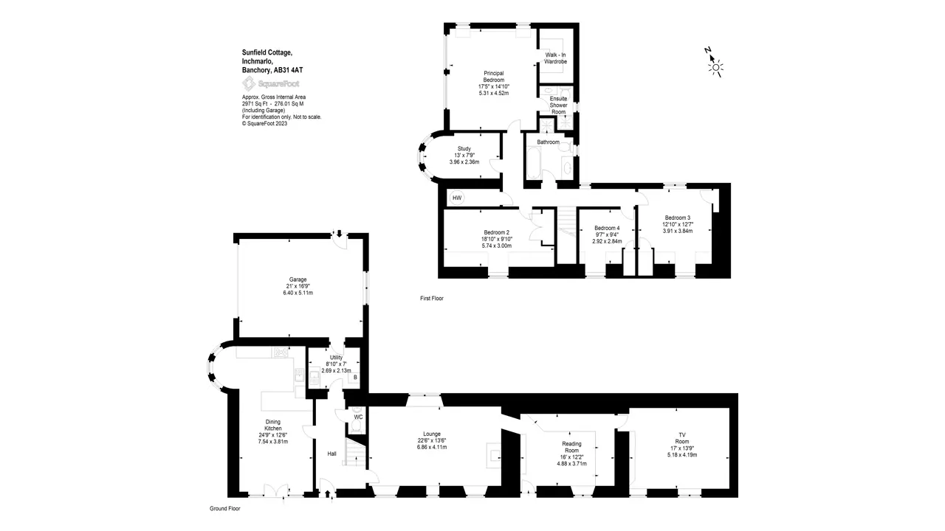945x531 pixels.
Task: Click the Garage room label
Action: pyautogui.click(x=298, y=280)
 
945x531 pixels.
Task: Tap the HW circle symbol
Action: pyautogui.click(x=457, y=198)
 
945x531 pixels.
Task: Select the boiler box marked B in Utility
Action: pyautogui.click(x=355, y=378)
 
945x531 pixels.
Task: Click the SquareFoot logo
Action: pyautogui.click(x=271, y=83)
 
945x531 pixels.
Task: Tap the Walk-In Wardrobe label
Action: pyautogui.click(x=555, y=58)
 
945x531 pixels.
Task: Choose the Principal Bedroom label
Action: pyautogui.click(x=494, y=77)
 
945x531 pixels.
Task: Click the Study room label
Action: pyautogui.click(x=464, y=149)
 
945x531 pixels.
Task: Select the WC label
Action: pyautogui.click(x=358, y=417)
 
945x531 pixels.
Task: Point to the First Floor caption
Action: pyautogui.click(x=432, y=299)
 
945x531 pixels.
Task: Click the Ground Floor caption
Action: pyautogui.click(x=225, y=509)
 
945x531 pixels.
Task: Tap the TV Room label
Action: pyautogui.click(x=682, y=438)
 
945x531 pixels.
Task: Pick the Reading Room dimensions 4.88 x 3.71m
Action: pyautogui.click(x=571, y=464)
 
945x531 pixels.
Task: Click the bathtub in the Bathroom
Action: pyautogui.click(x=533, y=163)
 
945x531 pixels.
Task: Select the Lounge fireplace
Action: pyautogui.click(x=494, y=455)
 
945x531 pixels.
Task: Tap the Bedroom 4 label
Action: pyautogui.click(x=607, y=228)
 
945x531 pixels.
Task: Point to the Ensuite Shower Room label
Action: pyautogui.click(x=559, y=105)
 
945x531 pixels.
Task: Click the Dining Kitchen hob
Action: pyautogui.click(x=281, y=352)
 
